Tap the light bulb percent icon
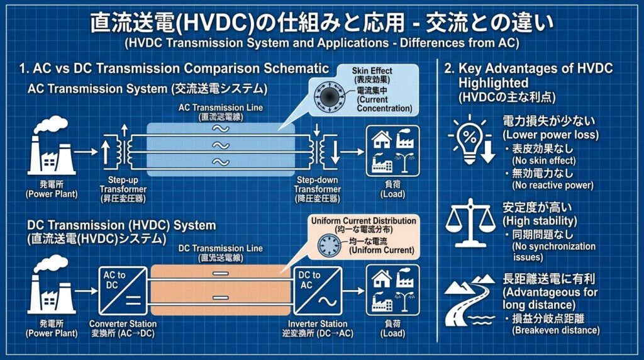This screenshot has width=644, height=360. click(471, 139)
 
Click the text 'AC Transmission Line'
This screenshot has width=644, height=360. click(221, 108)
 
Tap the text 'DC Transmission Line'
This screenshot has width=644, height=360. click(221, 249)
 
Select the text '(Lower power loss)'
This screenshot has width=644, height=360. click(550, 135)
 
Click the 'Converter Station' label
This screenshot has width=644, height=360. click(123, 323)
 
